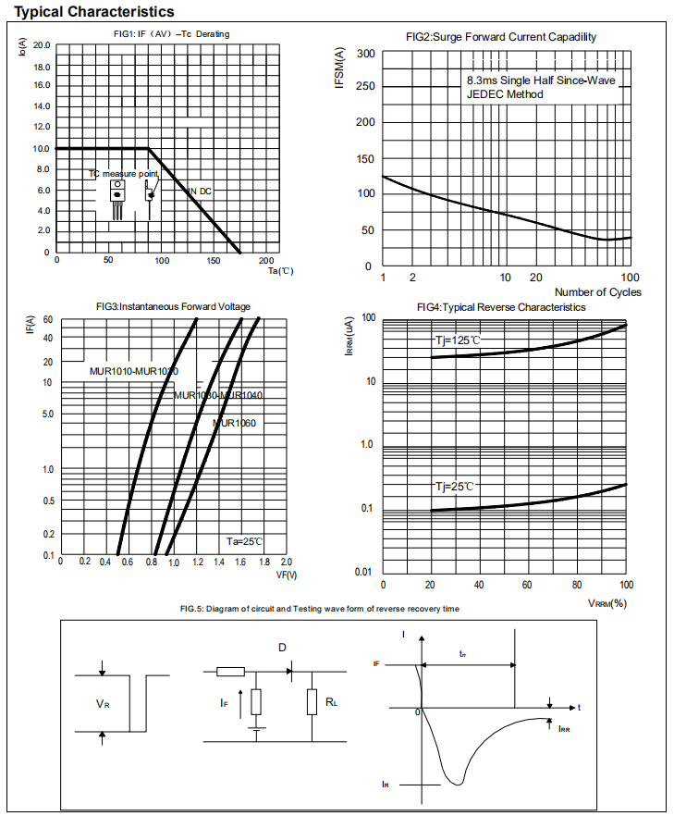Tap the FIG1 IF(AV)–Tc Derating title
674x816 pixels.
point(165,34)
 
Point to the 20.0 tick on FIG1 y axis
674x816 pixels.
point(42,44)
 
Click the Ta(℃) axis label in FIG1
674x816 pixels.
point(280,271)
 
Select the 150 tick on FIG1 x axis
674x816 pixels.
point(214,261)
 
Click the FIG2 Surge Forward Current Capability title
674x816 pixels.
point(501,37)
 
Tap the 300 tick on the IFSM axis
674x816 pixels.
point(365,54)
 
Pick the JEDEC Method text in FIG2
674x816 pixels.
point(505,94)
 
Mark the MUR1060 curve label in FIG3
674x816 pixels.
point(234,423)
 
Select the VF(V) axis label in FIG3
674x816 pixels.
point(286,575)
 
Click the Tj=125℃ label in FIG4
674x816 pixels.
point(458,340)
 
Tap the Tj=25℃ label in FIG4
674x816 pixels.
point(454,486)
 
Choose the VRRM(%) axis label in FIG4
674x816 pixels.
point(607,603)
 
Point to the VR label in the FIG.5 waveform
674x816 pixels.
point(103,704)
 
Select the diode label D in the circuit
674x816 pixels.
point(282,648)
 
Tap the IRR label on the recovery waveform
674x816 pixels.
point(564,729)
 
